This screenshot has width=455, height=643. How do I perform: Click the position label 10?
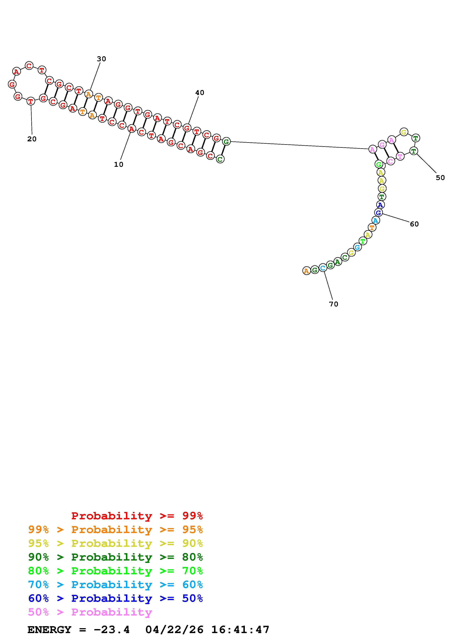[119, 165]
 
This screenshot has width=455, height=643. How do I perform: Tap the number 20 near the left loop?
[32, 139]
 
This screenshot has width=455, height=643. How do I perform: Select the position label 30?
[101, 59]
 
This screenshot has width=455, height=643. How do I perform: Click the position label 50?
[440, 178]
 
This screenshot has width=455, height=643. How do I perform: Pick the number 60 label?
[414, 224]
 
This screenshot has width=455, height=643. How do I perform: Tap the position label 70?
[334, 304]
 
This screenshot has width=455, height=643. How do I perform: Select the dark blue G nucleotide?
[378, 213]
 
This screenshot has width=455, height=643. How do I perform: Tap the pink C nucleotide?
[390, 161]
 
